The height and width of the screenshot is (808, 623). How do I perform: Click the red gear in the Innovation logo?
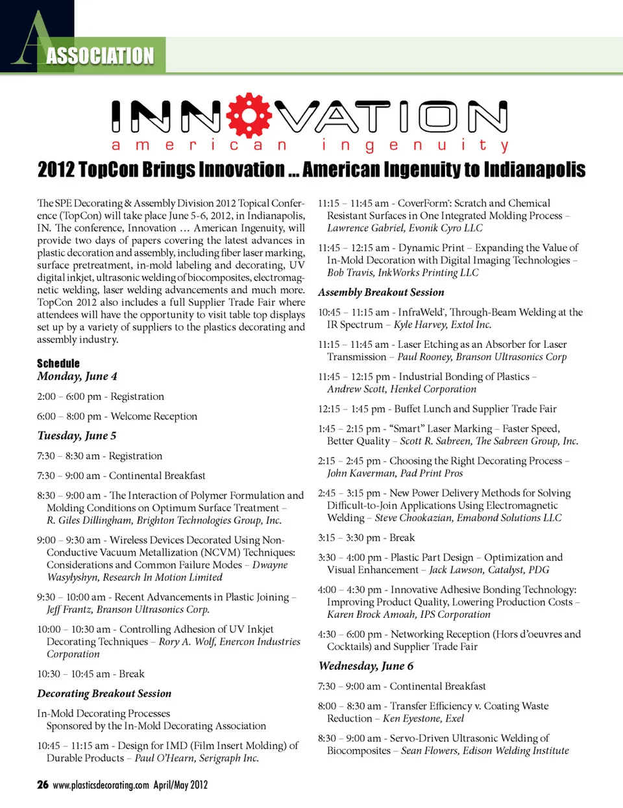click(x=249, y=116)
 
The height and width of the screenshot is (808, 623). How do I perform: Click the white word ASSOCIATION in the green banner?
click(x=100, y=56)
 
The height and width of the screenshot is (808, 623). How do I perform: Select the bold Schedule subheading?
click(x=58, y=363)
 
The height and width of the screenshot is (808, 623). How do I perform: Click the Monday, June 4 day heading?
click(x=77, y=376)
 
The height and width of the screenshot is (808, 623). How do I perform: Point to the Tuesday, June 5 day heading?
click(x=77, y=435)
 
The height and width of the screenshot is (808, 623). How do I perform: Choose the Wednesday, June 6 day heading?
click(x=366, y=666)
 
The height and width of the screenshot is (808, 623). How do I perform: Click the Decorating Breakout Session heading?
click(x=104, y=694)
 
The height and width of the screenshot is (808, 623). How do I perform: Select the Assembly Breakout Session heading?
click(x=381, y=292)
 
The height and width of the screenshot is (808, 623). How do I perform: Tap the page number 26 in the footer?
click(x=43, y=785)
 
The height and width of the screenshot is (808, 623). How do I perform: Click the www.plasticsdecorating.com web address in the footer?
click(x=101, y=785)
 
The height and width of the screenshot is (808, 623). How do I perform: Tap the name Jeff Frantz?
click(x=69, y=609)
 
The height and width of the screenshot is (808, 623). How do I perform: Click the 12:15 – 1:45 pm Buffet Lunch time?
click(x=351, y=409)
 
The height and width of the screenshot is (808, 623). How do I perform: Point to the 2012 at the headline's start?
click(x=55, y=170)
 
